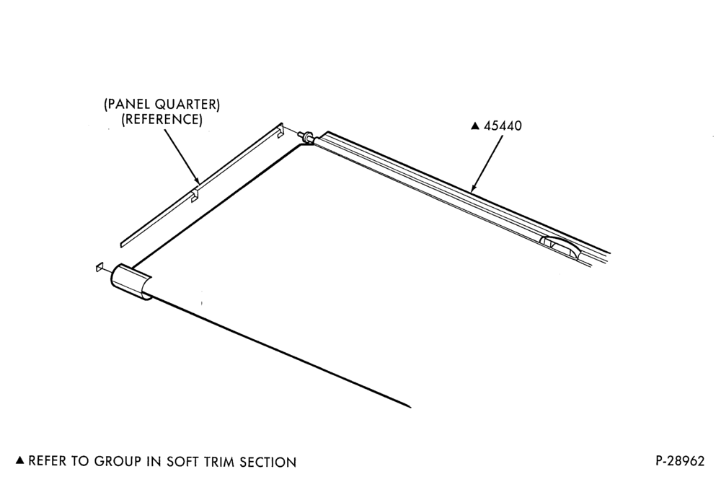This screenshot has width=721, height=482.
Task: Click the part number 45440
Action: point(503,126)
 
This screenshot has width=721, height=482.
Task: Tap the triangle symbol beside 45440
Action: point(475,126)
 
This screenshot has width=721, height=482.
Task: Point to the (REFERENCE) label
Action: point(162,119)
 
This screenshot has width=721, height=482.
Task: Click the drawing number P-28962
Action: point(680,461)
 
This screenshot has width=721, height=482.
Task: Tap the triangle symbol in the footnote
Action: point(19,460)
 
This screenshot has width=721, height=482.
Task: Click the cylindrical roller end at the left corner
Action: point(131,283)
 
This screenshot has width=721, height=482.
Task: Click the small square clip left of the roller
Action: point(99,268)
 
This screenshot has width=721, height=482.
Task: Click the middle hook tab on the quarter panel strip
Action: point(195,195)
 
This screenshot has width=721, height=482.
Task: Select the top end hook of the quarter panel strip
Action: point(280,130)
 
